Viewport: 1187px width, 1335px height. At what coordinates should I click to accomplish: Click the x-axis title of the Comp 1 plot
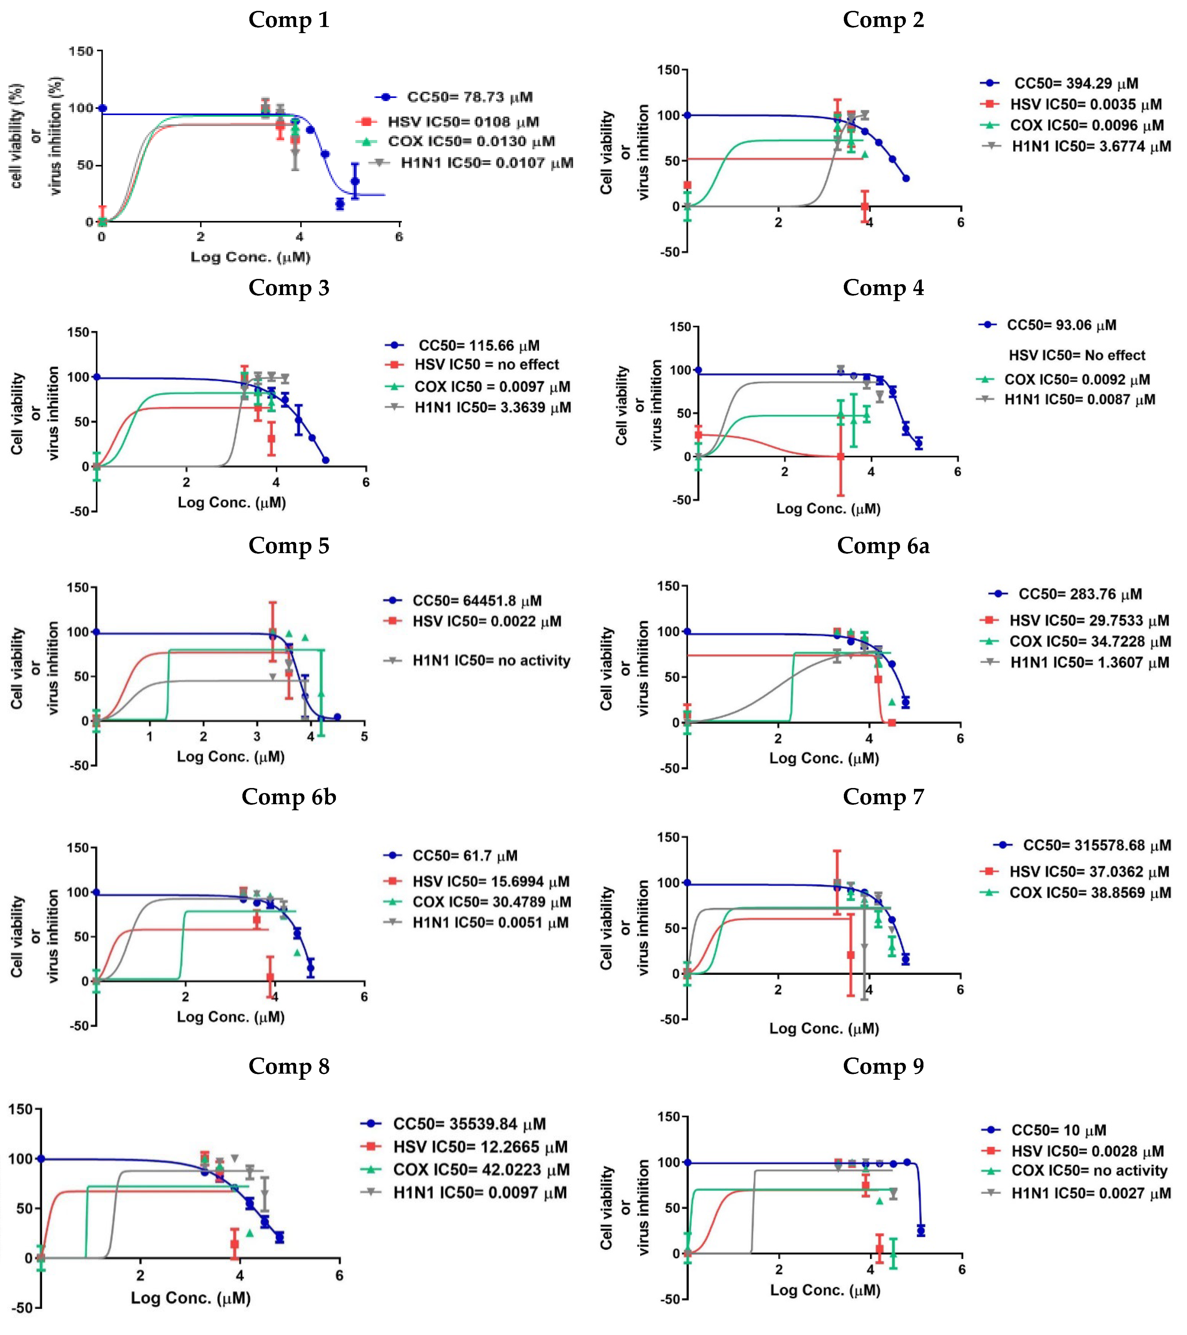pyautogui.click(x=250, y=257)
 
